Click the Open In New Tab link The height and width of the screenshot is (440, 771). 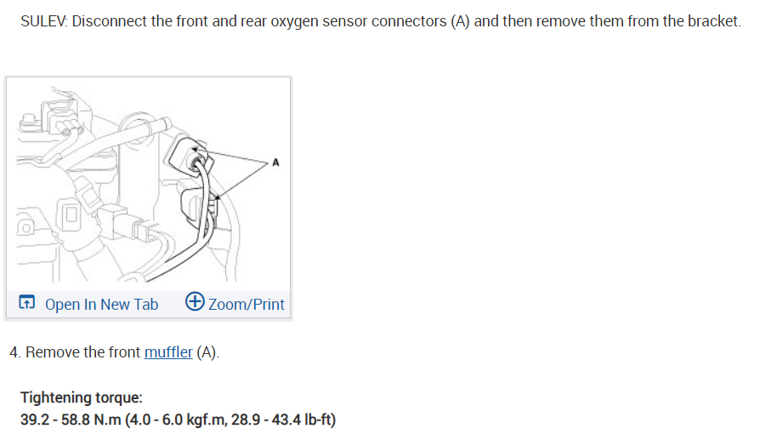[101, 304]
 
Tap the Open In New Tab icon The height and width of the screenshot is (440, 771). [26, 303]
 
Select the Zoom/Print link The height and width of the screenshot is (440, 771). [247, 304]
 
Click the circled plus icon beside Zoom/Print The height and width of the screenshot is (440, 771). [195, 302]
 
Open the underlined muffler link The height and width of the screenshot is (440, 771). [168, 352]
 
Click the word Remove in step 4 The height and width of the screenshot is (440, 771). [53, 352]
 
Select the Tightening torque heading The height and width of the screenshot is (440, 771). [82, 398]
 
